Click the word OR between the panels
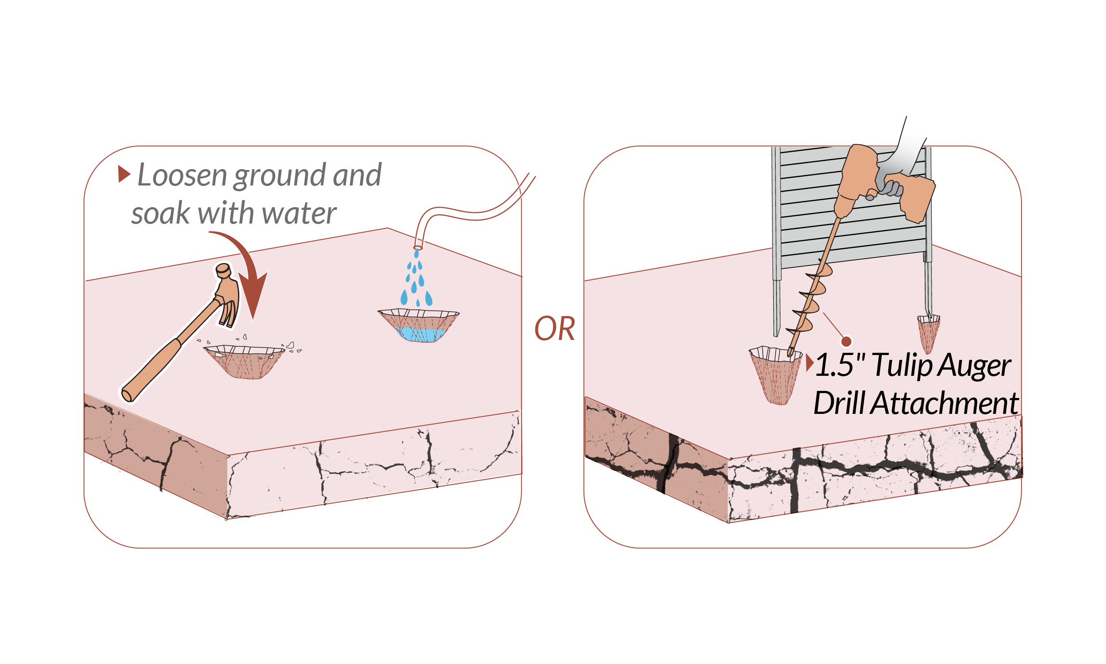click(x=554, y=328)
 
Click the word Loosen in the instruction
click(x=182, y=175)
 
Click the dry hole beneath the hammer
click(x=245, y=362)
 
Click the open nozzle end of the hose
click(x=418, y=247)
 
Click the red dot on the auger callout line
click(x=846, y=342)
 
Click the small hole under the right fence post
click(x=928, y=333)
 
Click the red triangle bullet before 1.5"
click(x=809, y=363)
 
